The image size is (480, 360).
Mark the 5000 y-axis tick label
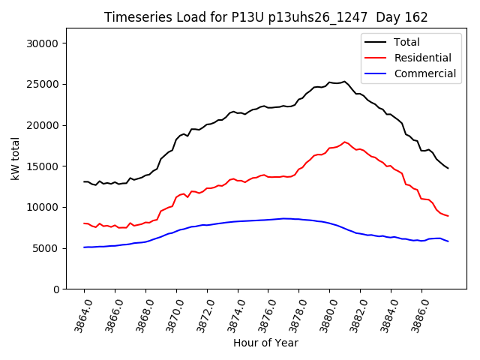click(47, 248)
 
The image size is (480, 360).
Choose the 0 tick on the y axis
click(57, 289)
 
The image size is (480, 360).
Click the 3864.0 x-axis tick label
click(77, 314)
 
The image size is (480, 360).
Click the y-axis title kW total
click(16, 158)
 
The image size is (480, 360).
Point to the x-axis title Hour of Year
click(265, 343)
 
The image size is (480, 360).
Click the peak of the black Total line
click(344, 81)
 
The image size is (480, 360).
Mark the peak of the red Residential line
click(345, 142)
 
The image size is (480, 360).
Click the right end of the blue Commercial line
click(448, 241)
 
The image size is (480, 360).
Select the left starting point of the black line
click(84, 181)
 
